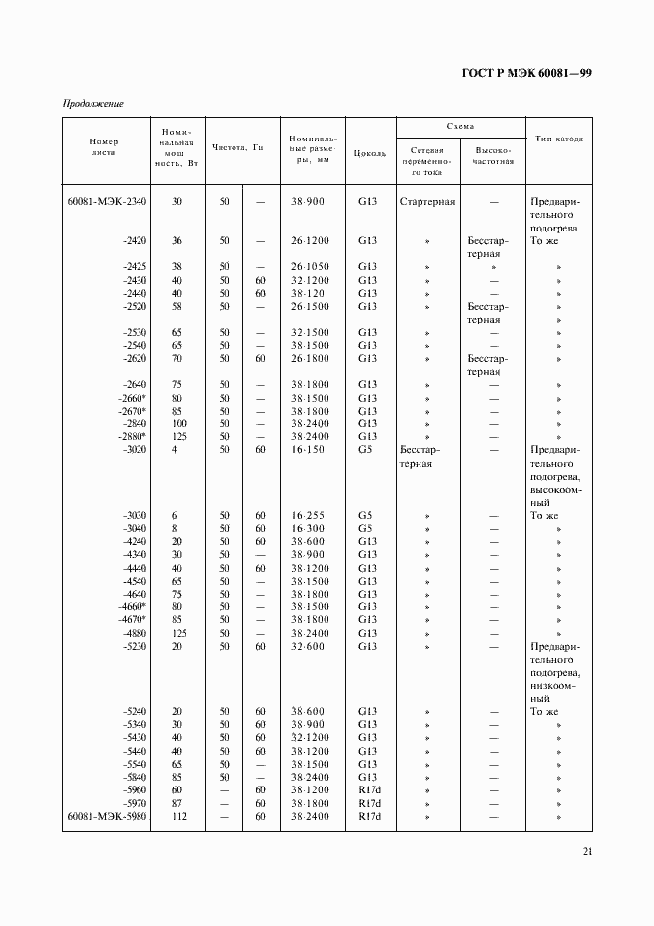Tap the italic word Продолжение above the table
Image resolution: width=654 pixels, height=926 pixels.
(x=93, y=103)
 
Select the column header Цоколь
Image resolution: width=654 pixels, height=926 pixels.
(x=369, y=153)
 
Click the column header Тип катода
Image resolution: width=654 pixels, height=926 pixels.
(x=558, y=139)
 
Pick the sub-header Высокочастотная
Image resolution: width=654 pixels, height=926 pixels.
(x=492, y=153)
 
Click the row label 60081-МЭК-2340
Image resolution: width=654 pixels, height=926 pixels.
(x=107, y=201)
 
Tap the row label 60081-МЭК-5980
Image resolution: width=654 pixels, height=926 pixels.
(x=107, y=816)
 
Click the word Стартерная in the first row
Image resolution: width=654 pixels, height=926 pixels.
(x=426, y=201)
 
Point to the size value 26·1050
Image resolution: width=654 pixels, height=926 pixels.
(x=310, y=267)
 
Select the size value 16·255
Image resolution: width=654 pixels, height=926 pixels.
(x=310, y=515)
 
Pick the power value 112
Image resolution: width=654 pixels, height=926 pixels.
(x=177, y=816)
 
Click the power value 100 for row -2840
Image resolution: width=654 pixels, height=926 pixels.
(x=177, y=423)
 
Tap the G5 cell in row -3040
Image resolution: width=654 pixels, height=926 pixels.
(x=366, y=528)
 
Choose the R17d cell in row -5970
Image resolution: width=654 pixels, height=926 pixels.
(x=369, y=803)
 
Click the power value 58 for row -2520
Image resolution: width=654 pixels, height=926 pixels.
(x=177, y=307)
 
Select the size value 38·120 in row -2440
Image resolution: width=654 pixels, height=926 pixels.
(x=310, y=293)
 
